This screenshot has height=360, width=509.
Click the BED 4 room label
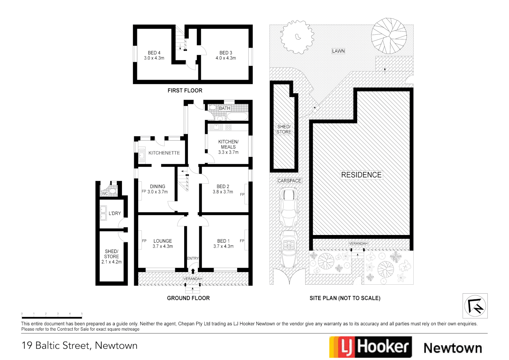coord(154,53)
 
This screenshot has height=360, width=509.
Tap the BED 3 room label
coord(226,53)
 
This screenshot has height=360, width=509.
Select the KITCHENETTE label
coord(164,153)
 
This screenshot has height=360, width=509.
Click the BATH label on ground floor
coord(224,108)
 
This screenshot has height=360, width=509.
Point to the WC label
coord(105,194)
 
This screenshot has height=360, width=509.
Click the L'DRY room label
coord(115,213)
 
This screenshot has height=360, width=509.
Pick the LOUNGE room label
coord(163,241)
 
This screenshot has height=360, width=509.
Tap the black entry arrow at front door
coord(193,271)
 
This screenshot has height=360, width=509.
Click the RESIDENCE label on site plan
coord(361,175)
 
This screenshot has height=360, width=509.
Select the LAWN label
coord(338,51)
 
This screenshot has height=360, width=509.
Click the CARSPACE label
coord(289,181)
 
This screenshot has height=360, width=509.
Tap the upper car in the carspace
coord(288,207)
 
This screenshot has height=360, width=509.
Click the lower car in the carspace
coord(288,249)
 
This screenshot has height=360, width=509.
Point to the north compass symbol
coord(475,306)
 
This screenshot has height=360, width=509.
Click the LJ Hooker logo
coord(370,347)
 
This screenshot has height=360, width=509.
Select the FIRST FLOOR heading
coord(185,91)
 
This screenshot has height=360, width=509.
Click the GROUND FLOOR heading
coord(188,298)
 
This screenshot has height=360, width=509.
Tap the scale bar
coord(52,317)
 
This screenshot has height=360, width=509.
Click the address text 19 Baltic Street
coord(79,346)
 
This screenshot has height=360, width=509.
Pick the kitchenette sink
coord(142,155)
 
